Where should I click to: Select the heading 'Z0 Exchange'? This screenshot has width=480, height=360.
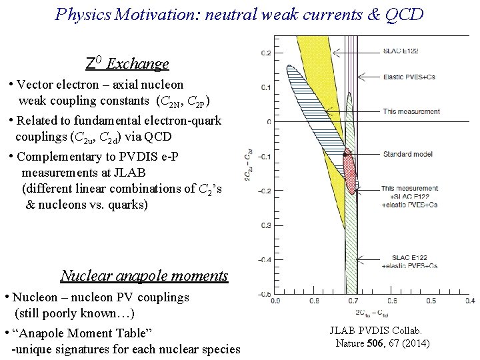[127, 64]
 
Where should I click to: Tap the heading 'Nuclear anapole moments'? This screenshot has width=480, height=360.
[144, 275]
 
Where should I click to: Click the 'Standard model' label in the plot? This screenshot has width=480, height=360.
[407, 154]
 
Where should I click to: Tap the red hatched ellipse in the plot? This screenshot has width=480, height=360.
[349, 171]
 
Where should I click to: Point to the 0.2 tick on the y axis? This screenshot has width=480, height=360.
[265, 52]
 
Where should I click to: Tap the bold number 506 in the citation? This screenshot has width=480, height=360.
[375, 343]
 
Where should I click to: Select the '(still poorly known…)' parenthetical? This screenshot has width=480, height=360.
[75, 313]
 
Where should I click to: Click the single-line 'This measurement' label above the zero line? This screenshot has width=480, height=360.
[411, 111]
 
